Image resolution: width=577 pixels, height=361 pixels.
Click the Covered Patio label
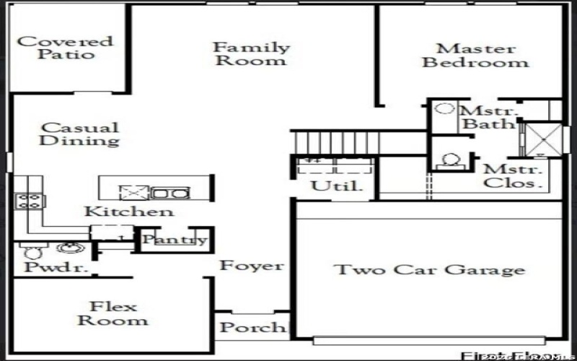click(66, 48)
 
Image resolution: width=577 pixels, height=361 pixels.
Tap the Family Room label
click(250, 54)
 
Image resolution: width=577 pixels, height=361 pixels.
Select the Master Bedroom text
click(475, 56)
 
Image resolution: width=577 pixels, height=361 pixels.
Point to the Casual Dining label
click(79, 134)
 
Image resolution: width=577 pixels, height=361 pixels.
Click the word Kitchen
click(128, 212)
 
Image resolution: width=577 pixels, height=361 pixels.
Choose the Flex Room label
click(113, 313)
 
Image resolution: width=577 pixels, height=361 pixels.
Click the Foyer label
click(252, 266)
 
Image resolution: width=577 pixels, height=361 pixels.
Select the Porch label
click(252, 327)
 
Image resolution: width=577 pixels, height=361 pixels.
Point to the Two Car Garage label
click(428, 270)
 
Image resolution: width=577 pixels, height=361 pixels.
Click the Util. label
click(332, 186)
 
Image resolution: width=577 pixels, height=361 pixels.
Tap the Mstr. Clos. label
click(514, 176)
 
